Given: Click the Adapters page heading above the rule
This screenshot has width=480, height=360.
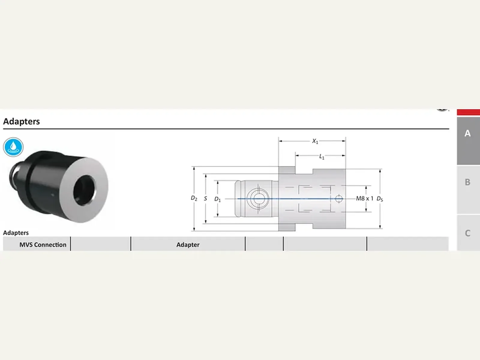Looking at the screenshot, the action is click(x=21, y=121).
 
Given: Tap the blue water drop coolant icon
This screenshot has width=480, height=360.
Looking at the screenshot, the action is click(x=13, y=147).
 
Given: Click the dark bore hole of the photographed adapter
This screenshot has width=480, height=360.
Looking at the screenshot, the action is click(x=84, y=190).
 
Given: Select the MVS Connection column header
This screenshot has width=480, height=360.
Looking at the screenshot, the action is click(x=43, y=244).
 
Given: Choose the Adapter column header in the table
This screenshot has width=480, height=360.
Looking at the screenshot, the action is click(x=188, y=244).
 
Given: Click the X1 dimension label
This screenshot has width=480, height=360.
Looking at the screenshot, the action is click(x=315, y=141).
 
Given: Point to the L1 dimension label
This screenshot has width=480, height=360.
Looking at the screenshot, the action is click(x=322, y=157).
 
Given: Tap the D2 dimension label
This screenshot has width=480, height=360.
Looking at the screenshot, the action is click(x=194, y=198).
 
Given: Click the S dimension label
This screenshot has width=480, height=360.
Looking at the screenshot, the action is click(x=205, y=199).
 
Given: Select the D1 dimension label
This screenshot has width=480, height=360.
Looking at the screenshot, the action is click(x=217, y=199).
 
